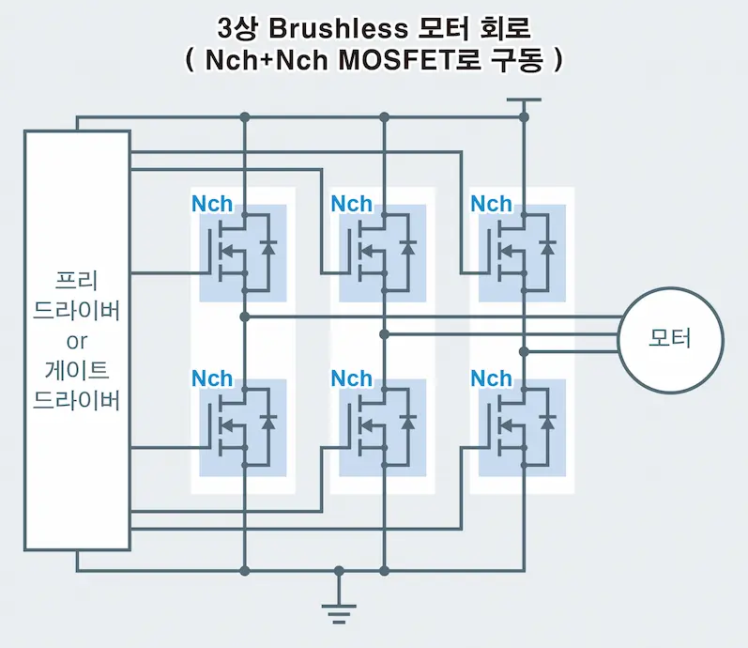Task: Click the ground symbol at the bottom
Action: [x=339, y=610]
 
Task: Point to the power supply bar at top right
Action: [x=524, y=100]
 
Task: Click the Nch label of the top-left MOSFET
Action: [x=212, y=204]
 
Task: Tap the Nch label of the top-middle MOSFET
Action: [x=352, y=204]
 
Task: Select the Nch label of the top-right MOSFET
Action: [x=491, y=204]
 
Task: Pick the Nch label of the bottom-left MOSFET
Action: [x=212, y=378]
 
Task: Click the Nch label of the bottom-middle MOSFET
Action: [x=352, y=378]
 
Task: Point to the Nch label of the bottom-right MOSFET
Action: [x=491, y=378]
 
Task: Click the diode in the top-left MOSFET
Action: [x=269, y=248]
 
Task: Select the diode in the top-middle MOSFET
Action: [x=408, y=248]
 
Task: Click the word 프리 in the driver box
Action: [x=77, y=280]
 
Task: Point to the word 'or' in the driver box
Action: [x=77, y=339]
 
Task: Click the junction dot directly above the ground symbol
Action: [x=339, y=570]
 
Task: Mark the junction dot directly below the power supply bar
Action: [x=524, y=117]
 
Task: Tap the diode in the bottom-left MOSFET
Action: [x=269, y=423]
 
